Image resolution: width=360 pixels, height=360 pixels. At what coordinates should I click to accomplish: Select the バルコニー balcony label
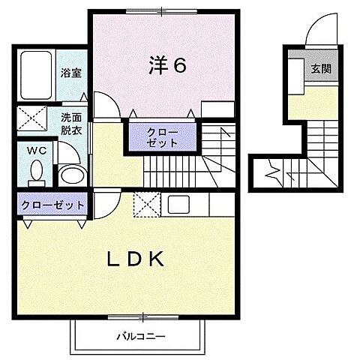(139, 335)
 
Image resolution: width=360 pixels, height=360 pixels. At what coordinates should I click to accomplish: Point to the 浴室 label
(72, 73)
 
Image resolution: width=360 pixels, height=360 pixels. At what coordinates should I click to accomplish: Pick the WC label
(37, 149)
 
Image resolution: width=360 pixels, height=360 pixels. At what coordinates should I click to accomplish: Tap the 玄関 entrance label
(319, 68)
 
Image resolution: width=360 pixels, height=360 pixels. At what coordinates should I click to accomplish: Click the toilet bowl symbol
(34, 173)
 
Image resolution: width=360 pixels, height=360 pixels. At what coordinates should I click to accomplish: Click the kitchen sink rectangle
(181, 205)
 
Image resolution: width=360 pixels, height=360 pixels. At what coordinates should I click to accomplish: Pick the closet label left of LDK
(52, 204)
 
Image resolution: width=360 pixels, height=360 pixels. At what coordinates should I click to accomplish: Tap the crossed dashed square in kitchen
(145, 205)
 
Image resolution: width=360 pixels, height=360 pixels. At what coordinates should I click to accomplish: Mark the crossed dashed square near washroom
(32, 118)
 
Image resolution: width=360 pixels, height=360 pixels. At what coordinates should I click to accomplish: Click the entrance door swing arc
(316, 34)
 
